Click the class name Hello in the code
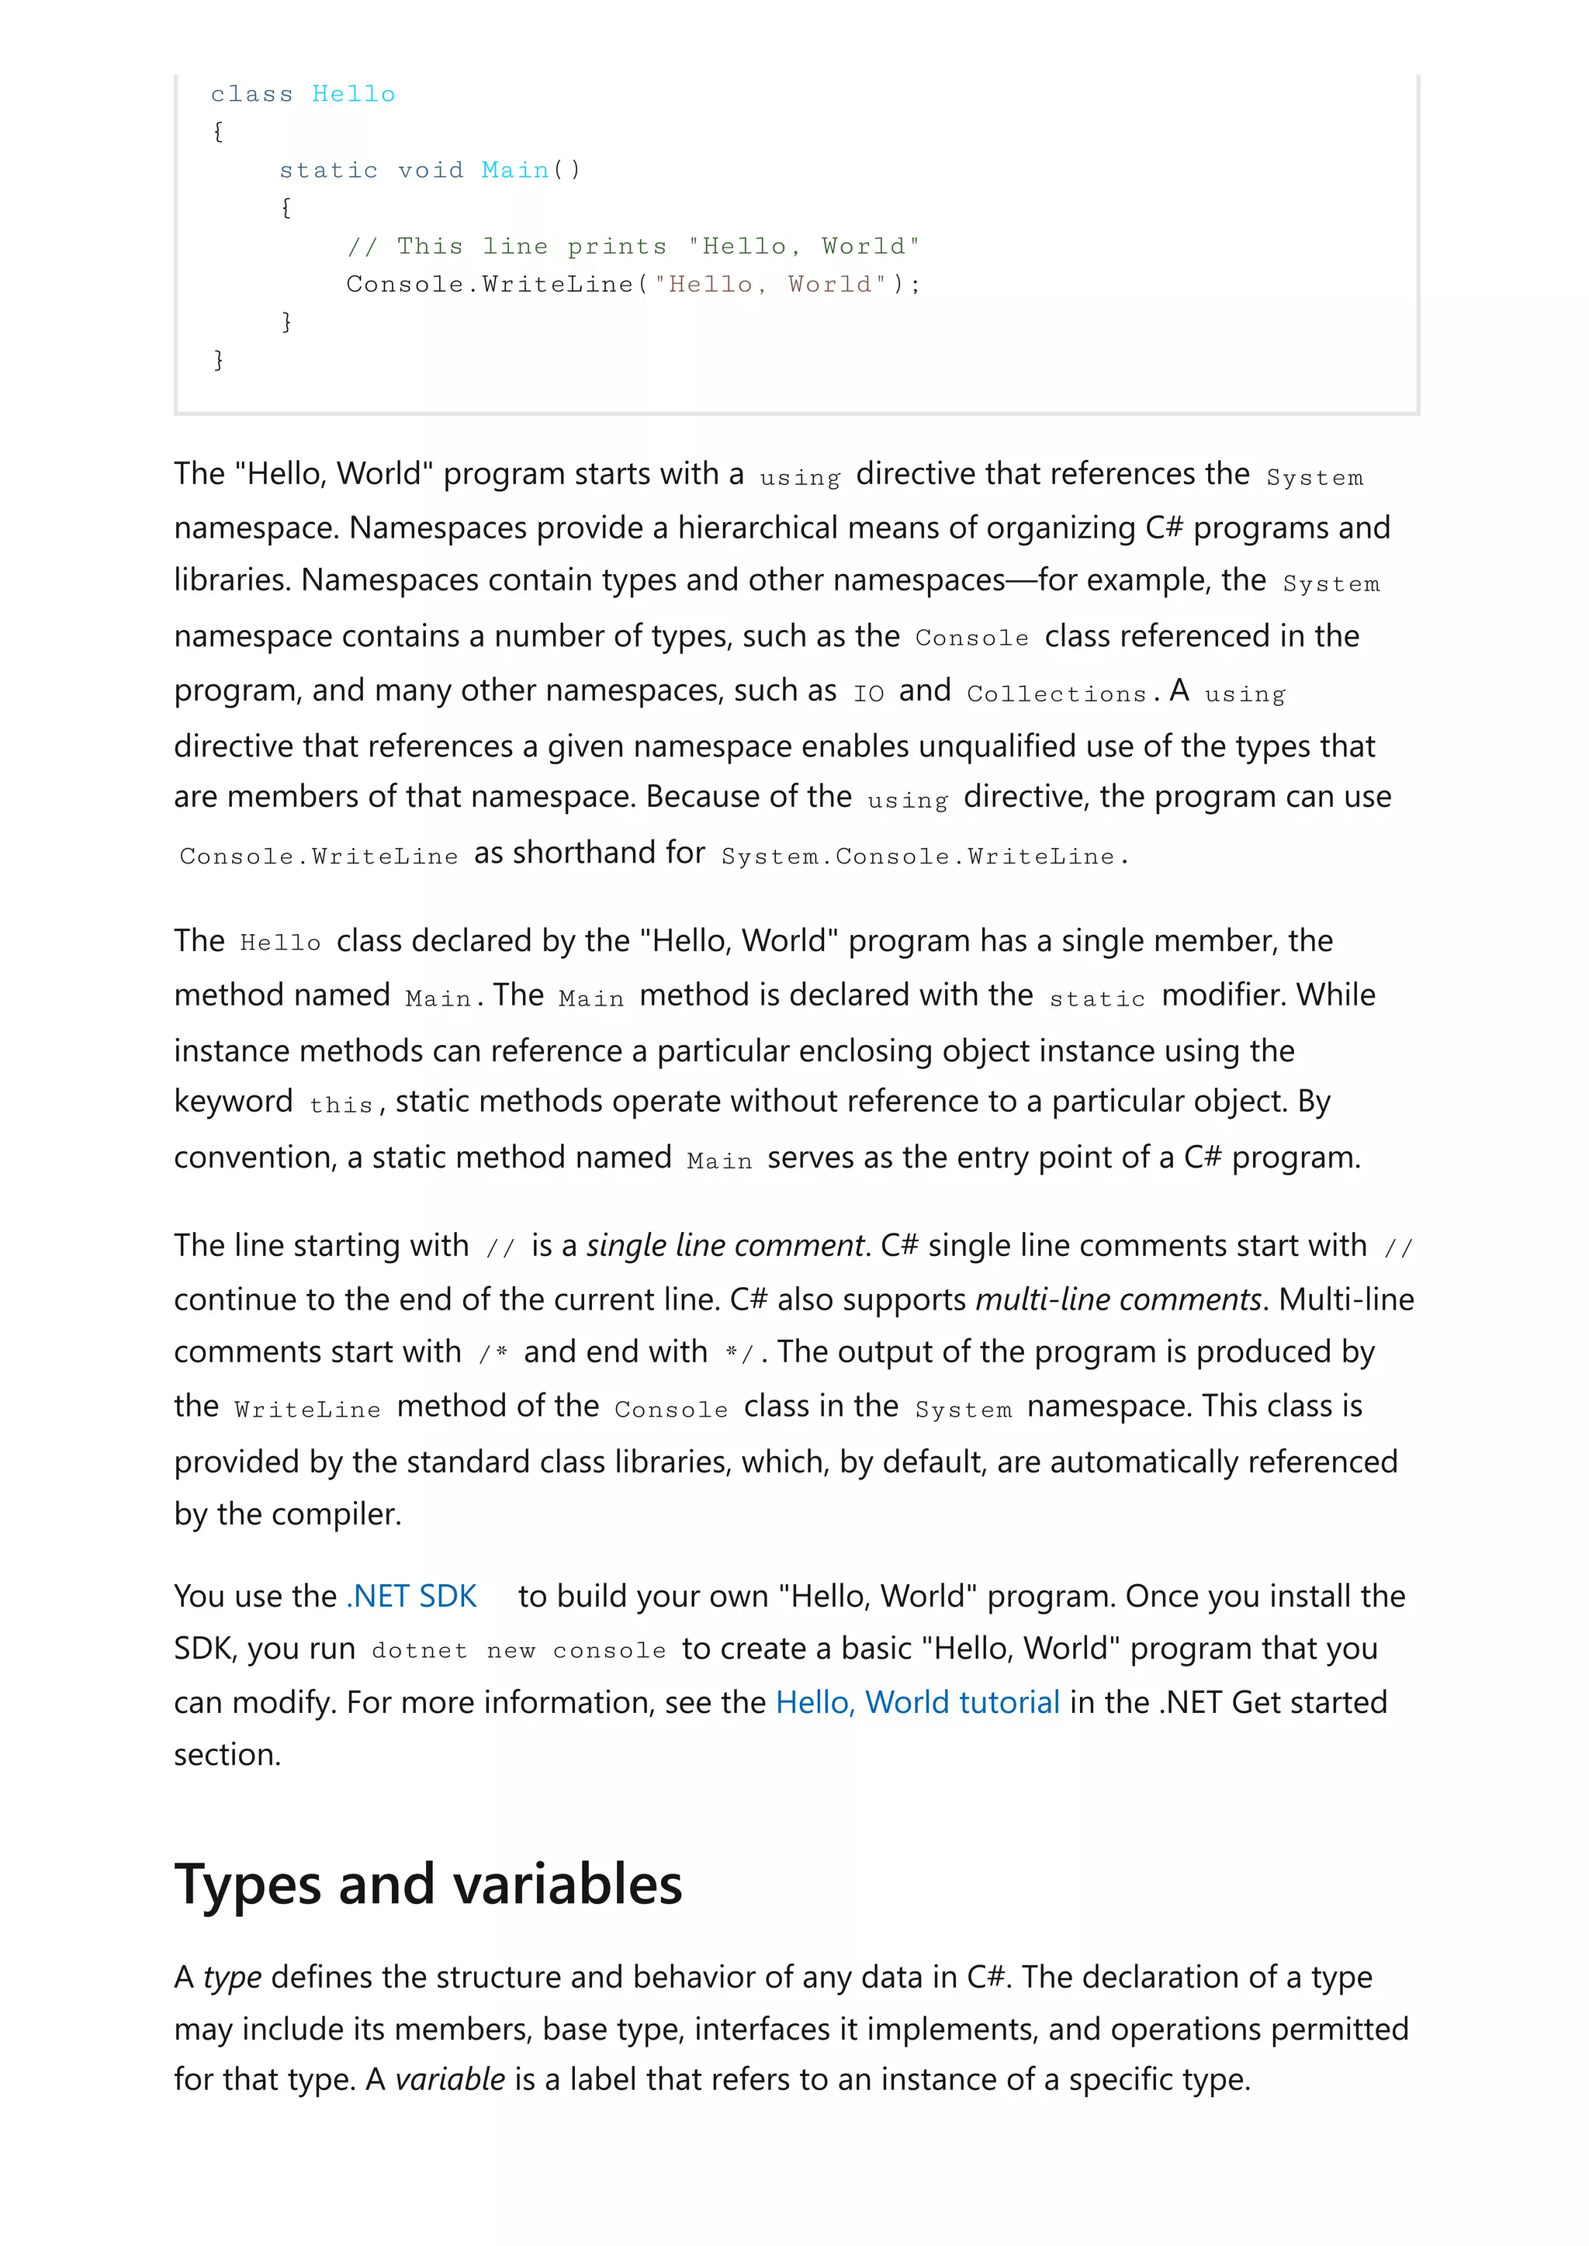click(x=353, y=94)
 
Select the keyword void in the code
click(x=431, y=170)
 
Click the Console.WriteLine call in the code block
click(x=490, y=285)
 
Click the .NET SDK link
click(x=411, y=1596)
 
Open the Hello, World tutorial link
click(x=917, y=1702)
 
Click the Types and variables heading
click(x=428, y=1883)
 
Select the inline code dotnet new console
click(x=518, y=1651)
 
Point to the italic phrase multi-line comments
click(x=1118, y=1299)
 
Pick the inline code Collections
click(x=1056, y=694)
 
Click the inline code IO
click(x=868, y=694)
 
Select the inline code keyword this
click(x=341, y=1106)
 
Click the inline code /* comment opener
click(x=493, y=1354)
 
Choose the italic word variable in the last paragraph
click(x=450, y=2078)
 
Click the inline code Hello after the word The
click(x=280, y=943)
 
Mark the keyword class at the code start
click(x=251, y=94)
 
